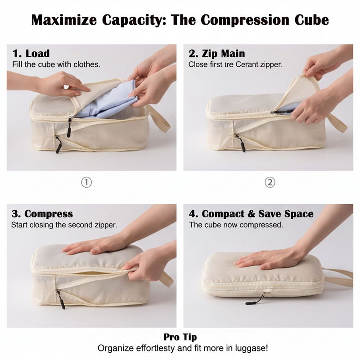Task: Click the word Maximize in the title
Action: (66, 20)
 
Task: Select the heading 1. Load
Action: (31, 54)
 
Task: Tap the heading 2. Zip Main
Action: (217, 54)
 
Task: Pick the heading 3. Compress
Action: (42, 213)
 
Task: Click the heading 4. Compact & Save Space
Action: (251, 213)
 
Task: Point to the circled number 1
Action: (86, 182)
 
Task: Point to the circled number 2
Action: (270, 182)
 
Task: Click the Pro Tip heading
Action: (180, 337)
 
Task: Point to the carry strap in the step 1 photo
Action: (160, 119)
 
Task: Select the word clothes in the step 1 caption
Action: (85, 64)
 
